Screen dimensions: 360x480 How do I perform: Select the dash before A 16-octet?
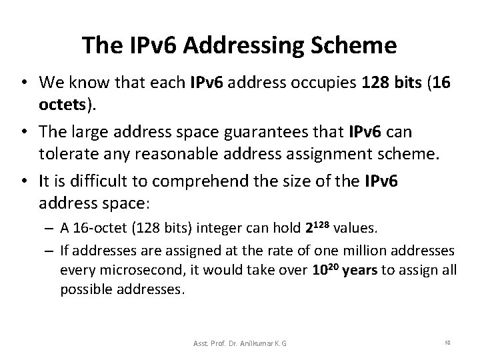[50, 229]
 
